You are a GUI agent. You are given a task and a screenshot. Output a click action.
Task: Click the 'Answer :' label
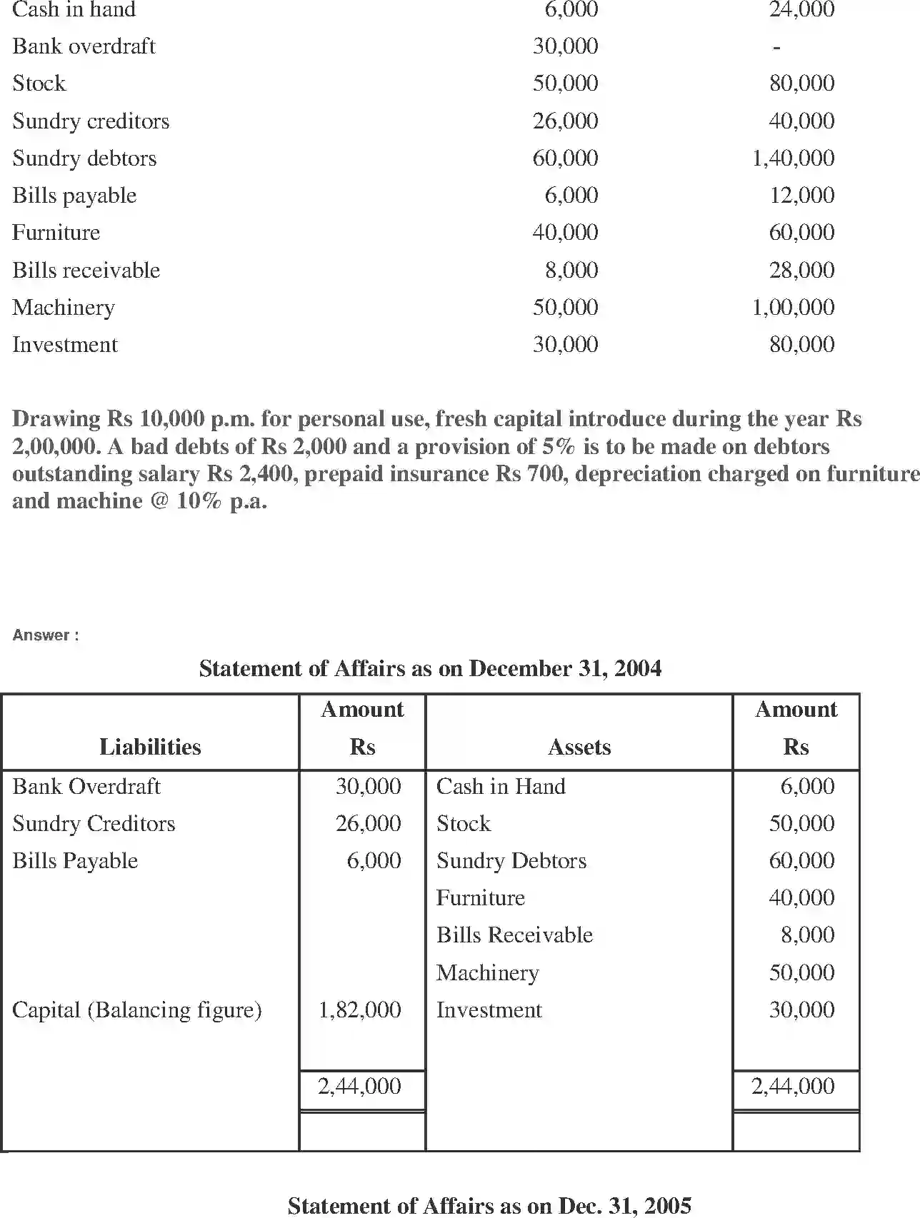[x=45, y=635]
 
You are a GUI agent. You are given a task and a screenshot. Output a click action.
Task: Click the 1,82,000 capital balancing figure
[x=359, y=1010]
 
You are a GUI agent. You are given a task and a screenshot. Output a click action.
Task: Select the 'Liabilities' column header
[x=150, y=747]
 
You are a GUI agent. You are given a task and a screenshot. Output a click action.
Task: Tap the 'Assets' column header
[x=579, y=747]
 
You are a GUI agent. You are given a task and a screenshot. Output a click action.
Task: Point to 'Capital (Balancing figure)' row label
[x=137, y=1010]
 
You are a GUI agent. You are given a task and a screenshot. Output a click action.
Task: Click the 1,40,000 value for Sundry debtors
[x=793, y=158]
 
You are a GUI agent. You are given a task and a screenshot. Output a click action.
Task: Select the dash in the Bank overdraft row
[x=776, y=47]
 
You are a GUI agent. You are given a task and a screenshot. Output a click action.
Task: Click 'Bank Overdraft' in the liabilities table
[x=86, y=786]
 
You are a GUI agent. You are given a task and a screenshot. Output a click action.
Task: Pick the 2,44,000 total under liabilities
[x=359, y=1086]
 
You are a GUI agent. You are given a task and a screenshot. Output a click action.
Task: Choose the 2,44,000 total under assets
[x=793, y=1086]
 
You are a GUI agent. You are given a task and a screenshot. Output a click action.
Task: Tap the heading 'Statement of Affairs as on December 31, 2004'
[x=430, y=668]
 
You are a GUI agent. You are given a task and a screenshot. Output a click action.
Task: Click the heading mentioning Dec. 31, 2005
[x=489, y=1206]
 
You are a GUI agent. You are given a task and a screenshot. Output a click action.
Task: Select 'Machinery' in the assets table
[x=488, y=972]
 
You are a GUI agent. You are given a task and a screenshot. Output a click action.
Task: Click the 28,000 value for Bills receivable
[x=801, y=270]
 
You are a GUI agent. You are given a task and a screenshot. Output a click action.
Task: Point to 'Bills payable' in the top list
[x=74, y=195]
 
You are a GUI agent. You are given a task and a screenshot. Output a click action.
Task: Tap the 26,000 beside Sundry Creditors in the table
[x=369, y=823]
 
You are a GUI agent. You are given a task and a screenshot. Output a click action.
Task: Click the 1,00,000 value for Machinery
[x=793, y=307]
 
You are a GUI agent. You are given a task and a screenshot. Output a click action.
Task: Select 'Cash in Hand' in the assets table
[x=501, y=786]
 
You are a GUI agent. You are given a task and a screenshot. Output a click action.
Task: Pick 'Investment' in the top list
[x=65, y=344]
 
